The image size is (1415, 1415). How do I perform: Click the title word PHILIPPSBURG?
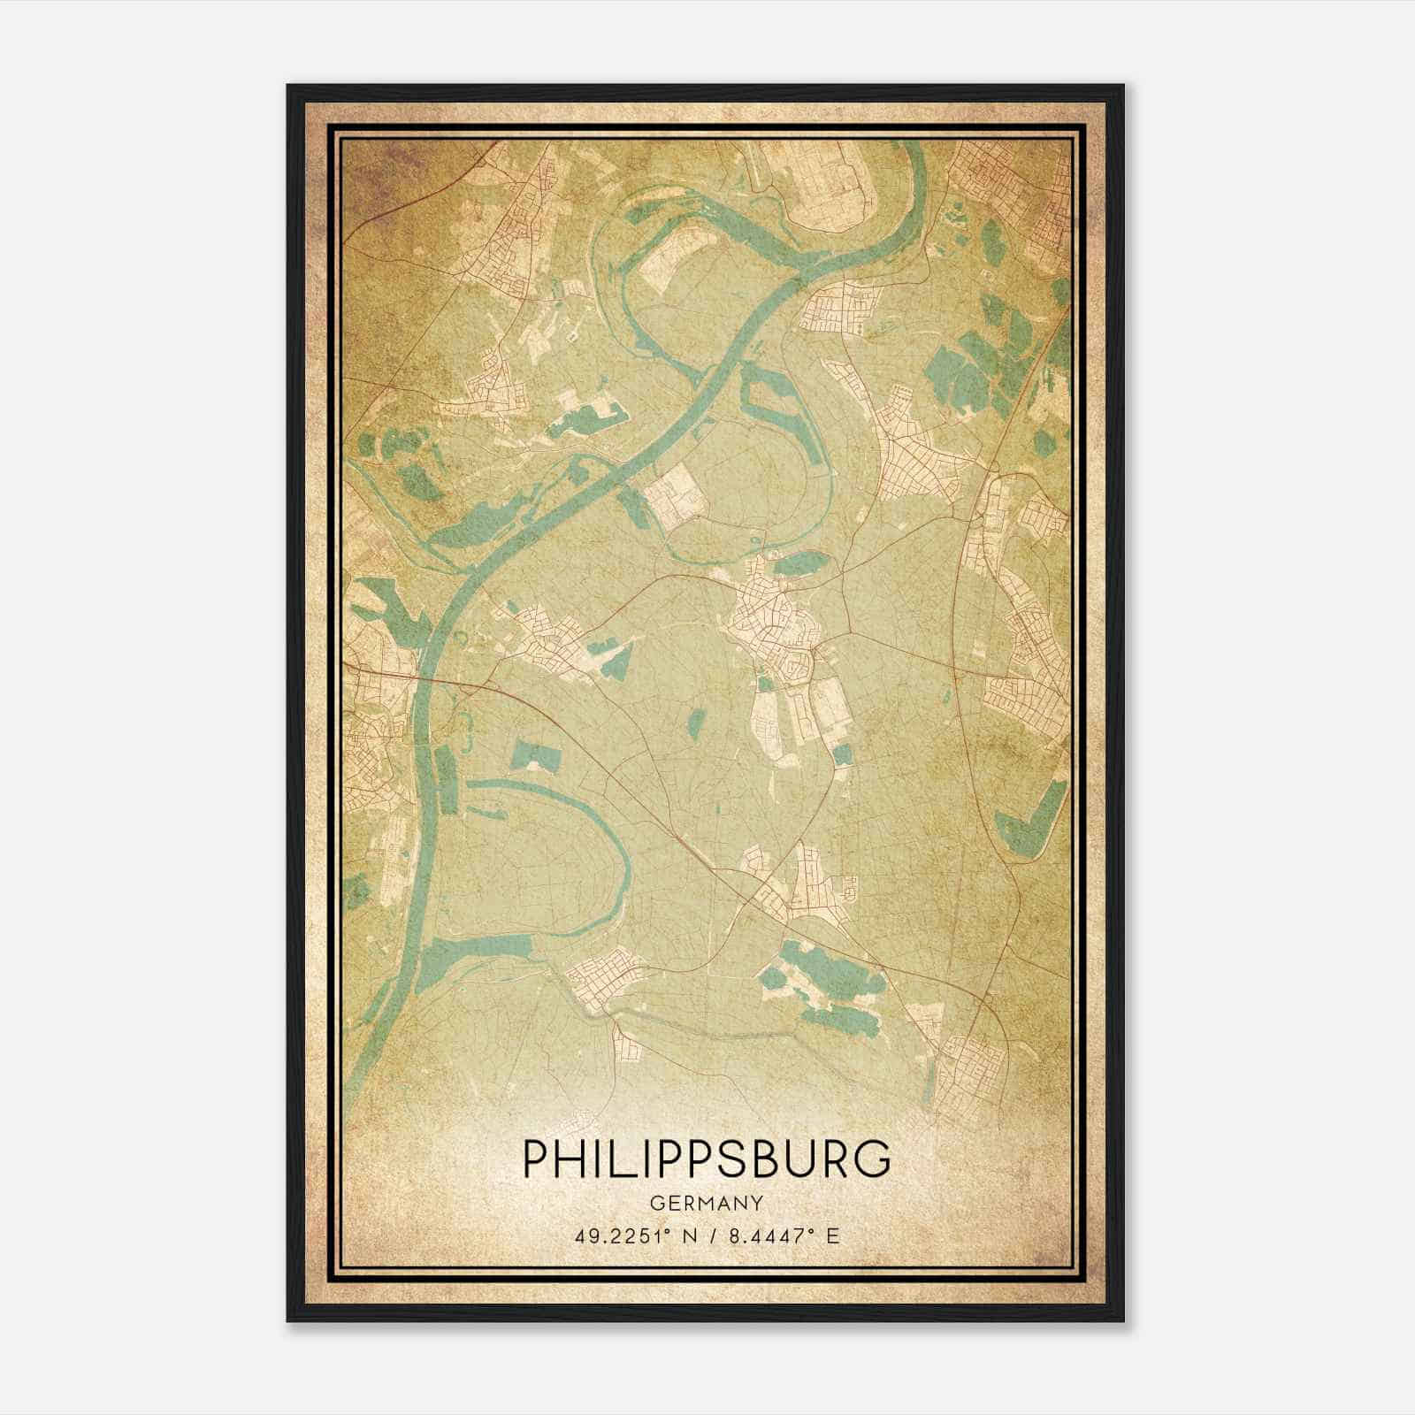(x=707, y=1160)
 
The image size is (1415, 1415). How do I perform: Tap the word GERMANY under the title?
(x=707, y=1203)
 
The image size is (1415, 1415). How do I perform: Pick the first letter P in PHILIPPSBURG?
(x=538, y=1160)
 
